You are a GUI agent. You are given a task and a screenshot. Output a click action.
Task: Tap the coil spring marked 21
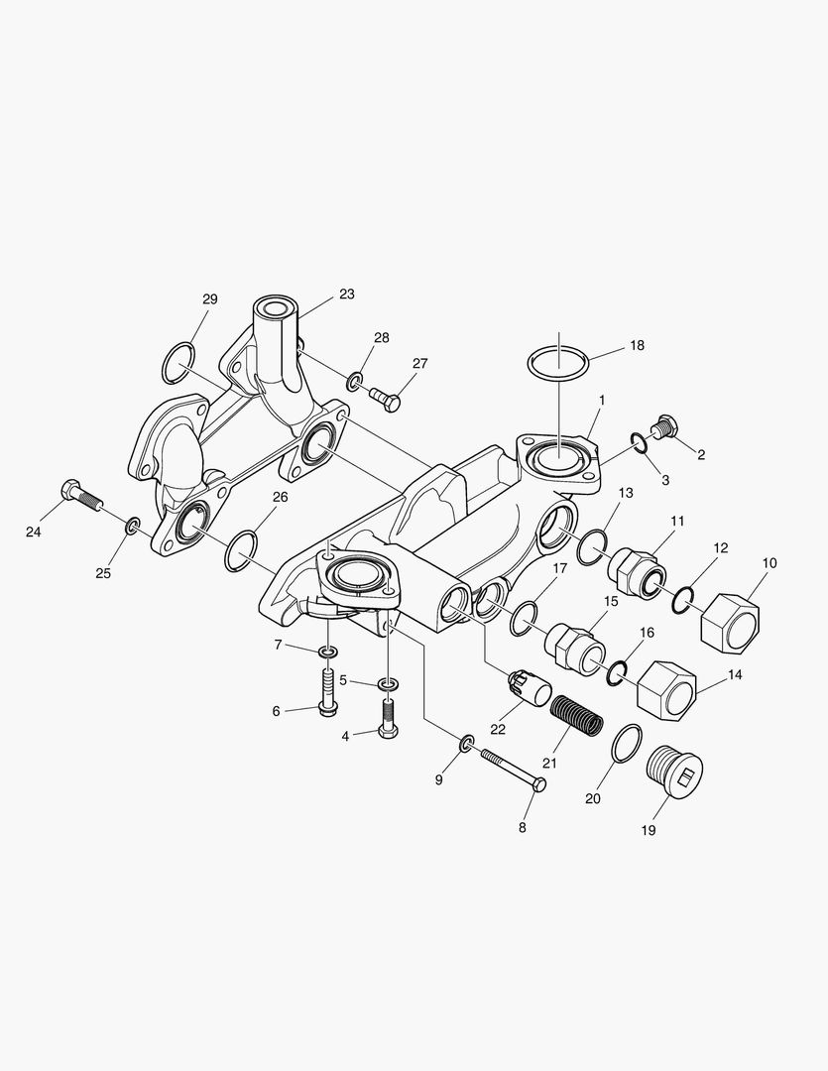click(x=576, y=714)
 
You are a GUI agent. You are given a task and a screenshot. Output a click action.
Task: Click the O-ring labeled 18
click(x=558, y=363)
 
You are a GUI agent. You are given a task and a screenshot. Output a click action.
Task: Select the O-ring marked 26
click(x=241, y=550)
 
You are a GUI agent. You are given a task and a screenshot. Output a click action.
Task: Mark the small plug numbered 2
click(x=664, y=429)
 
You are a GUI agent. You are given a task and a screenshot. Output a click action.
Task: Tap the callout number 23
click(x=346, y=295)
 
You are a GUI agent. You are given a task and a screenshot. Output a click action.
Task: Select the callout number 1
click(x=601, y=400)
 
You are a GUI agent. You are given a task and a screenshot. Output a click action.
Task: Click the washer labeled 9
click(x=466, y=743)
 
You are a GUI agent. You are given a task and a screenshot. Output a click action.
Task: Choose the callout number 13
click(x=627, y=494)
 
